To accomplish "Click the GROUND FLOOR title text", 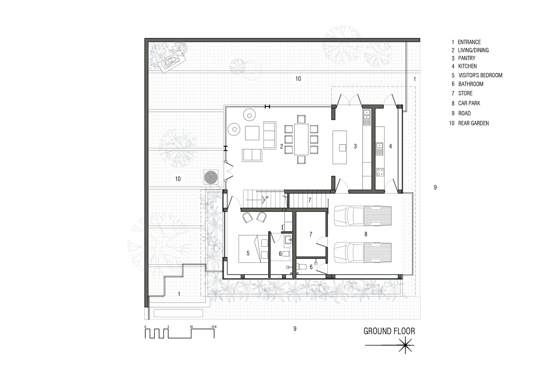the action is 389,331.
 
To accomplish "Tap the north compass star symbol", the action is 405,345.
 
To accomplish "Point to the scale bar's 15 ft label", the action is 214,327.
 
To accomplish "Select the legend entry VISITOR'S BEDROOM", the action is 480,75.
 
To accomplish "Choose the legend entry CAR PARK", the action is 469,103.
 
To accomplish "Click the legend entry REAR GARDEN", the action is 473,123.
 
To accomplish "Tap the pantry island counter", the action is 340,147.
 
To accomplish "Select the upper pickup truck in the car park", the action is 363,216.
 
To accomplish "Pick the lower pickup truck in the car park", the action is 363,253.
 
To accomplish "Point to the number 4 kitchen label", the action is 390,146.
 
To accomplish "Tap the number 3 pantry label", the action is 355,146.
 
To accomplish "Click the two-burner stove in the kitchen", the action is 380,172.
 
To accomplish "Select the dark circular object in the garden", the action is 211,177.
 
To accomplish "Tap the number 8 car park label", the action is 366,234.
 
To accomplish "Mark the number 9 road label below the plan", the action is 295,329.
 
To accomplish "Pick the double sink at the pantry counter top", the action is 366,115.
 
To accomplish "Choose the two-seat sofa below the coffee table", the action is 252,155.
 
